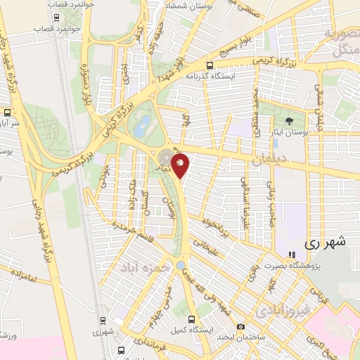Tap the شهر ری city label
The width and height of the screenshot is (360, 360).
(x=328, y=243)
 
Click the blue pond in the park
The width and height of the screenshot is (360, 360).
(x=142, y=127)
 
